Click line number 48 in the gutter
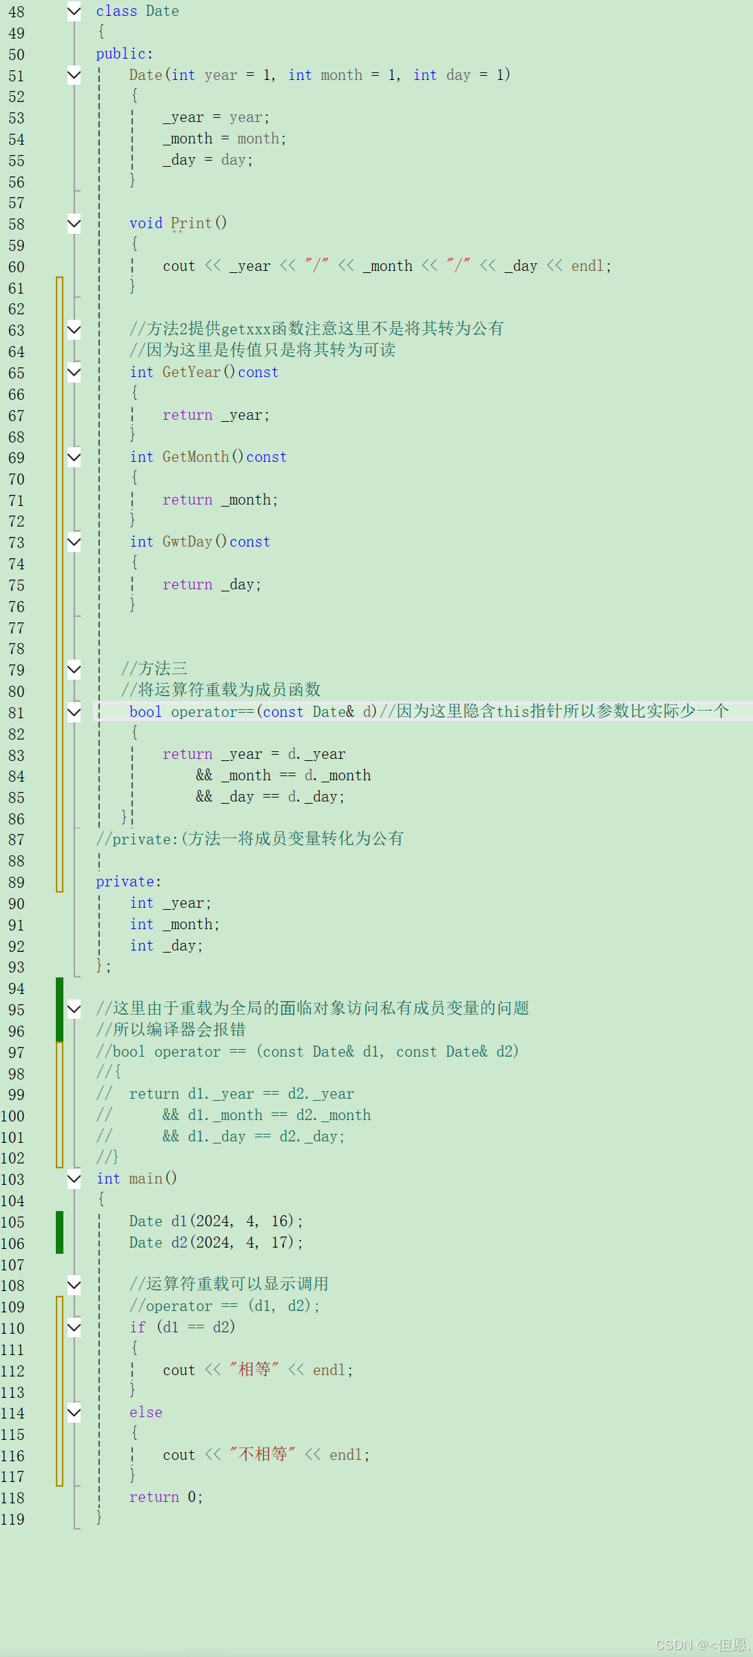16,12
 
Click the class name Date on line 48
162,11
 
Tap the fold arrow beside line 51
74,75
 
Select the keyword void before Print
145,223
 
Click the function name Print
191,223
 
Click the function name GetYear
191,372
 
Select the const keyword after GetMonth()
266,457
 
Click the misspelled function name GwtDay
187,542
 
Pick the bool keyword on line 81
145,712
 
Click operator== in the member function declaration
212,712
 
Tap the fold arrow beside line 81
74,712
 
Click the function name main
145,1179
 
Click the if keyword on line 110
137,1328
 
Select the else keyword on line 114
145,1412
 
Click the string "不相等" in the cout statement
262,1454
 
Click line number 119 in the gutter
12,1519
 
